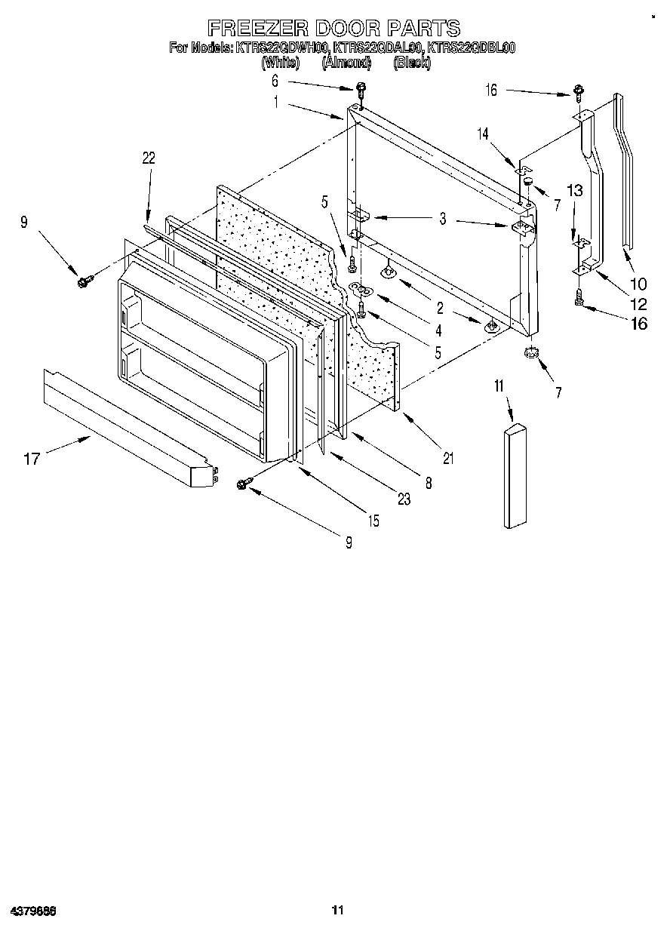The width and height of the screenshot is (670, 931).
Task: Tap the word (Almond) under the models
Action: pyautogui.click(x=346, y=63)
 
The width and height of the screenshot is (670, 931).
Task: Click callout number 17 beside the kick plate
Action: pyautogui.click(x=32, y=458)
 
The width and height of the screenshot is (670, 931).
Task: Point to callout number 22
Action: pyautogui.click(x=149, y=158)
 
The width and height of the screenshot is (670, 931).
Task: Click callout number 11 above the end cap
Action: pyautogui.click(x=499, y=387)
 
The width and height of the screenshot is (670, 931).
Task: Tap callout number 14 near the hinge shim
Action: pyautogui.click(x=484, y=134)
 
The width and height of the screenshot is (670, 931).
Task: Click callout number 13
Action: pyautogui.click(x=575, y=191)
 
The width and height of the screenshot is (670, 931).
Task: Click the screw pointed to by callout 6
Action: pyautogui.click(x=361, y=90)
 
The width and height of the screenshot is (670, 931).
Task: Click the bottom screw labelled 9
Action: pyautogui.click(x=244, y=484)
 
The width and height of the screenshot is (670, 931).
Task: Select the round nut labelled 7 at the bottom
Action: pyautogui.click(x=532, y=352)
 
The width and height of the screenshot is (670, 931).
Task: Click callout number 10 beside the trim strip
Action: pyautogui.click(x=638, y=284)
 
